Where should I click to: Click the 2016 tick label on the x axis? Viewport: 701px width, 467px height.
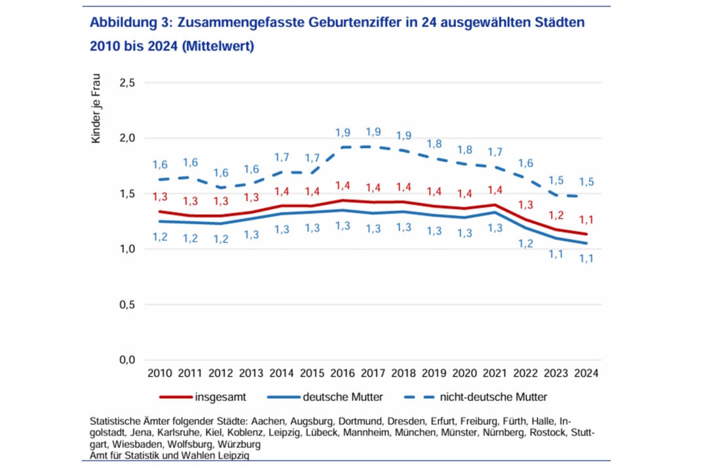(x=342, y=373)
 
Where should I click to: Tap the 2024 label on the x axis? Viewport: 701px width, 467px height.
(x=587, y=373)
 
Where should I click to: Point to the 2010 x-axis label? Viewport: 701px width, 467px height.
(x=160, y=373)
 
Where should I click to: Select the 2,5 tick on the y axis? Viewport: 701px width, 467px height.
(x=126, y=83)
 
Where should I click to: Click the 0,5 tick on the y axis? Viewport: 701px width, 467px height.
(x=126, y=305)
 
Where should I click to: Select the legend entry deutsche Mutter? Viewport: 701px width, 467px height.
(x=343, y=397)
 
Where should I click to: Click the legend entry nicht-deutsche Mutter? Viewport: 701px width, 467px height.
(x=493, y=397)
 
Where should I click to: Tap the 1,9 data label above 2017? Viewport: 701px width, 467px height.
(x=373, y=132)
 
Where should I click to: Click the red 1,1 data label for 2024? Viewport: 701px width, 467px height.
(x=587, y=219)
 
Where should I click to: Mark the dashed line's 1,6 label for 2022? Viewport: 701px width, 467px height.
(x=526, y=164)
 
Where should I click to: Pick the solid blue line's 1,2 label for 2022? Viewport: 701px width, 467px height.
(x=526, y=244)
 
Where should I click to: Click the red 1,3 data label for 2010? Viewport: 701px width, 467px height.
(x=160, y=196)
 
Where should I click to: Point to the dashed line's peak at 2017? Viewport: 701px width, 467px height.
(x=373, y=147)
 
